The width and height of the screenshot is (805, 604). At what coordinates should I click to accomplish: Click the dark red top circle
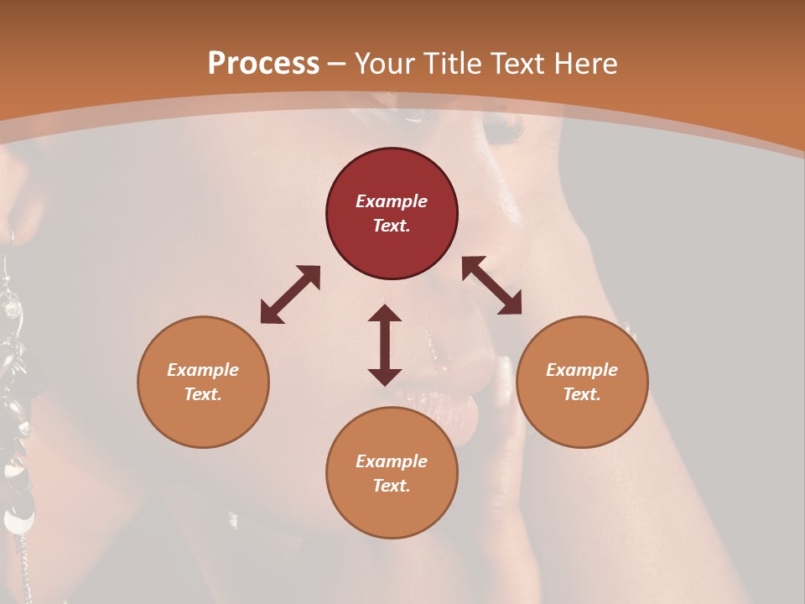[392, 214]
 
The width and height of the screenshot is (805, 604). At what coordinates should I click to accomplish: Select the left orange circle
[203, 382]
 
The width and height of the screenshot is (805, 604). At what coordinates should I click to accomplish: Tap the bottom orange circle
[392, 473]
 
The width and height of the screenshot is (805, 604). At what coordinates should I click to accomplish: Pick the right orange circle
[582, 382]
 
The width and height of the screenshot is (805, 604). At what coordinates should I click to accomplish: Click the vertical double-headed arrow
[385, 345]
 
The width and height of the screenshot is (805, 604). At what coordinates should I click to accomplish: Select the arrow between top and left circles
[290, 294]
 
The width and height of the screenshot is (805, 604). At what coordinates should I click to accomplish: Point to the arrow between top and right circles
[491, 285]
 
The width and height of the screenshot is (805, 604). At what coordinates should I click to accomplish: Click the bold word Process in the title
[263, 64]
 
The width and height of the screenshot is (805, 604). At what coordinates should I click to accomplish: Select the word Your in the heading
[386, 64]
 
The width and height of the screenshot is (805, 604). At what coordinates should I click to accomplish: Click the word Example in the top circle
[392, 201]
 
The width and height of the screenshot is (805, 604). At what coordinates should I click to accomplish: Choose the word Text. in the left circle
[203, 394]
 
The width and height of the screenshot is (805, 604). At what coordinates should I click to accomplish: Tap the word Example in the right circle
[582, 370]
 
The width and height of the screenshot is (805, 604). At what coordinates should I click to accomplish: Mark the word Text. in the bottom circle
[392, 486]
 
